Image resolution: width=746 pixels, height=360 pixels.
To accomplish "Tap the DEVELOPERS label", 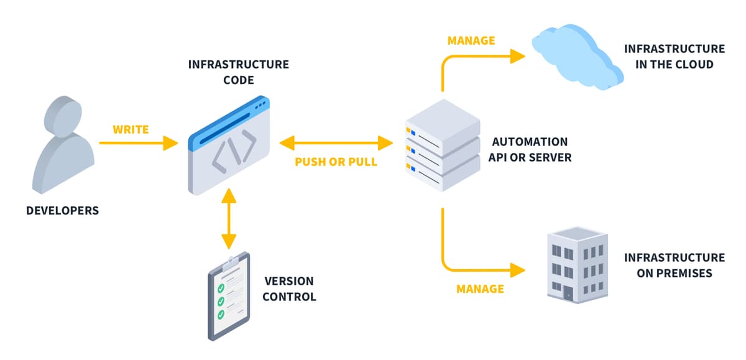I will [x=62, y=211].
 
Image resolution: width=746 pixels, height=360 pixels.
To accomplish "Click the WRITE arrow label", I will [x=131, y=129].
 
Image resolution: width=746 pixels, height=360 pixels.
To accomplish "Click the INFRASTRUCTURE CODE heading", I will [x=239, y=72].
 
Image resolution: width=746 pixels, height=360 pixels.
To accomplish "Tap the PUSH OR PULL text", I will [x=336, y=162].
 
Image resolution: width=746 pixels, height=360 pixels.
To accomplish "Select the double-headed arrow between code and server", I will [x=336, y=144].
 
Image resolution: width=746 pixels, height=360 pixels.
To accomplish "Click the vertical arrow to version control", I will [x=229, y=218].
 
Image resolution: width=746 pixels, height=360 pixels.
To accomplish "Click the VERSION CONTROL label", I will [x=289, y=289].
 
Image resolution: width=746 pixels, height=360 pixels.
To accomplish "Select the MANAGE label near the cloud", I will [x=471, y=40].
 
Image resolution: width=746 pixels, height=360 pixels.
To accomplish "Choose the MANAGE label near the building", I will [x=480, y=288].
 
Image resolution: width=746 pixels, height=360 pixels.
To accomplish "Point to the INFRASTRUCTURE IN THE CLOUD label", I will [x=674, y=56].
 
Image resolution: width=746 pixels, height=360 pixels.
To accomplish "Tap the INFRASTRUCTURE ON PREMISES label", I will [x=674, y=265].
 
